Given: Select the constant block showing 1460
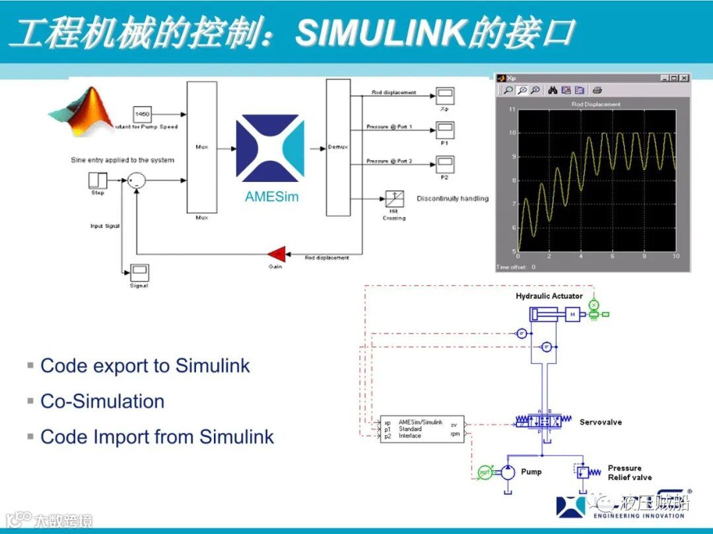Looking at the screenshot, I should [142, 114].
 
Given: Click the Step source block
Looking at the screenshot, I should [98, 180].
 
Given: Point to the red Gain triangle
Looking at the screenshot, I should [276, 253].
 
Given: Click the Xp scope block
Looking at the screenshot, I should [444, 96].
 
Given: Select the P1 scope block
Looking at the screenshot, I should [444, 129].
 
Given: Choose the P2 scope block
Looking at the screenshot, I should [444, 163].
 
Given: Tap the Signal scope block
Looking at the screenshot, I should [139, 271].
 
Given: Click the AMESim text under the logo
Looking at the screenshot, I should [271, 196].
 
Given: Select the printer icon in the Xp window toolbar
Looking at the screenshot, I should [597, 90].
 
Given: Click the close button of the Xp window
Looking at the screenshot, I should [684, 78].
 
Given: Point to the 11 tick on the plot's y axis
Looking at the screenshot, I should [512, 109].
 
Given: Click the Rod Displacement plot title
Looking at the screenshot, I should [595, 104].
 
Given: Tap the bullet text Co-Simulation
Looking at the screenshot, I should [102, 401].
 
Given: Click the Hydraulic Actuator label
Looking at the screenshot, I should [549, 296].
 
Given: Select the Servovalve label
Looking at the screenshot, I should [600, 422].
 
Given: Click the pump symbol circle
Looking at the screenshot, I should [508, 472].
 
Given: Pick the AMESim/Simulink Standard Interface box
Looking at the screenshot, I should [423, 429].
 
